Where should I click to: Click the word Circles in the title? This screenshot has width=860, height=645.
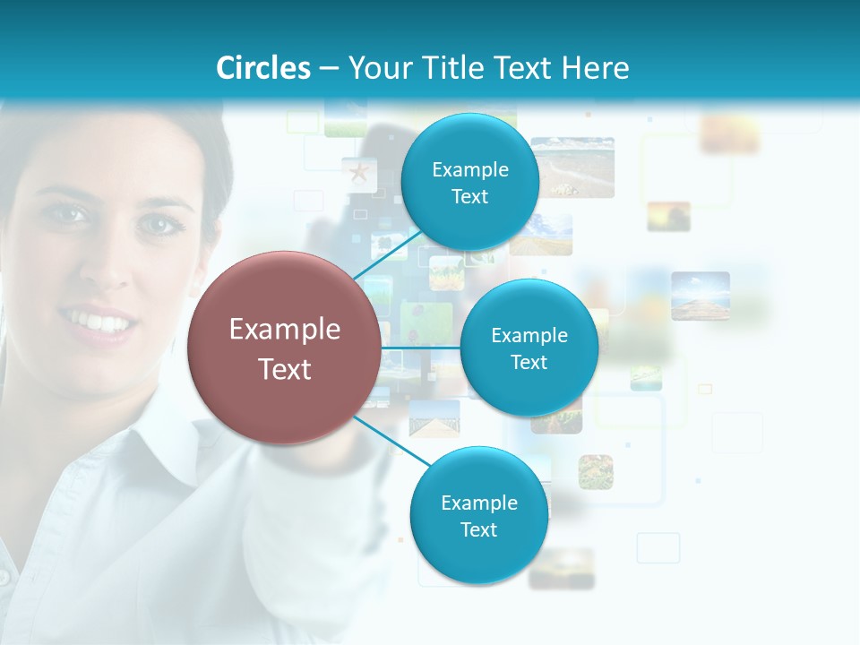pyautogui.click(x=263, y=68)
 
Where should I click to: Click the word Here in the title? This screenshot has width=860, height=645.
pyautogui.click(x=597, y=68)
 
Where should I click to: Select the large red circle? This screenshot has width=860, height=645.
pyautogui.click(x=284, y=348)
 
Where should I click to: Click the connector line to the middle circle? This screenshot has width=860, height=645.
pyautogui.click(x=421, y=348)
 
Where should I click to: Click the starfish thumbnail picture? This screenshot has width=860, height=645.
pyautogui.click(x=359, y=172)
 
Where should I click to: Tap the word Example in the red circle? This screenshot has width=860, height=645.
pyautogui.click(x=285, y=330)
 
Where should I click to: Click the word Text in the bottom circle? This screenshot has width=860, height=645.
pyautogui.click(x=478, y=529)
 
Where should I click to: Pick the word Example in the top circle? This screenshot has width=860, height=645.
pyautogui.click(x=469, y=169)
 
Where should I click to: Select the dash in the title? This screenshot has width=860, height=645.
pyautogui.click(x=329, y=68)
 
